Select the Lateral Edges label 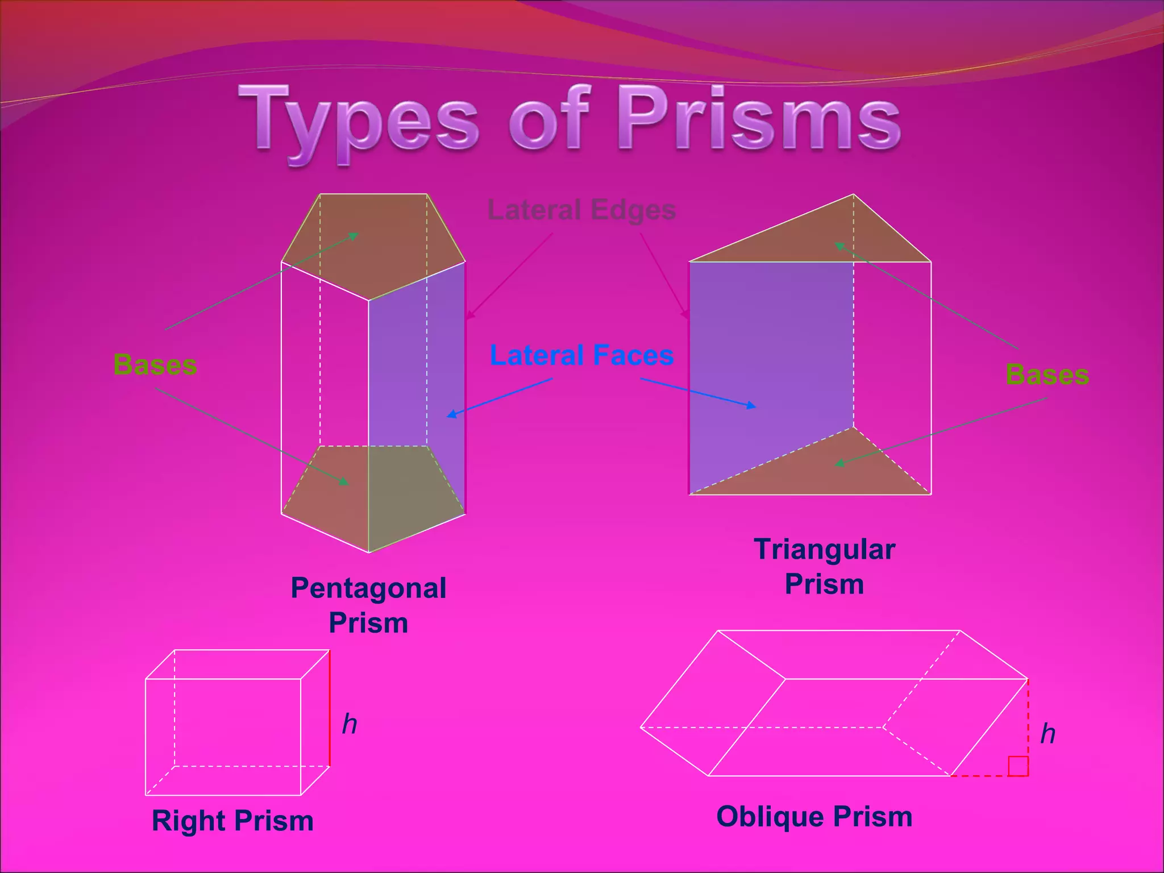tap(581, 210)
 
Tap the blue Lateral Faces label tap(581, 355)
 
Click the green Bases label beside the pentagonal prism tap(155, 364)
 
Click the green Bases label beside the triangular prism tap(1047, 375)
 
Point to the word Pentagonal tap(368, 588)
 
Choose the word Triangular tap(824, 550)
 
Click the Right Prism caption tap(232, 821)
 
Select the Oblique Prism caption tap(814, 817)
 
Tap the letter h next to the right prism tap(350, 724)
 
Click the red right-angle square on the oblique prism tap(1018, 766)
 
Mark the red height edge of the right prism tap(330, 708)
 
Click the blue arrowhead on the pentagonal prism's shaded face tap(451, 415)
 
